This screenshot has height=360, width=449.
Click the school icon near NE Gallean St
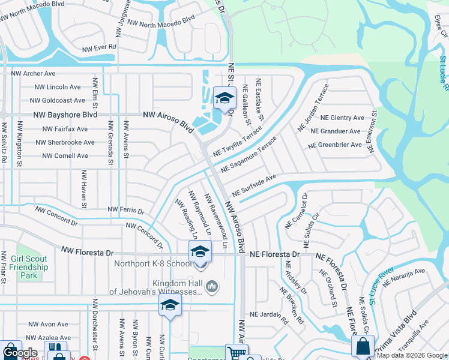[x=225, y=99]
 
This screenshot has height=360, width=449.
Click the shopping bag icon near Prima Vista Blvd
[x=363, y=347]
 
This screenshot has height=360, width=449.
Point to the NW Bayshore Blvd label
[x=65, y=115]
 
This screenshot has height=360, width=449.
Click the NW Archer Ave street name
[x=33, y=73]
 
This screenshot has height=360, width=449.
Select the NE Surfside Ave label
[x=254, y=185]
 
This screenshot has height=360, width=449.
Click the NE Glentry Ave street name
[x=342, y=118]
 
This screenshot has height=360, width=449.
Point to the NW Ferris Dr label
[x=125, y=210]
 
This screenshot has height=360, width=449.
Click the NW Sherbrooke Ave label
[x=65, y=142]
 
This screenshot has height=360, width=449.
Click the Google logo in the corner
[x=20, y=353]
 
